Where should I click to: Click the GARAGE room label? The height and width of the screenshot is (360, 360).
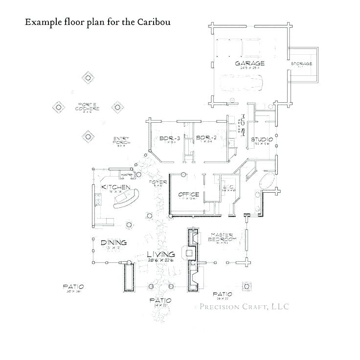pyautogui.click(x=249, y=64)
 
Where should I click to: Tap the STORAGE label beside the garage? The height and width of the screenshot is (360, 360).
pyautogui.click(x=301, y=64)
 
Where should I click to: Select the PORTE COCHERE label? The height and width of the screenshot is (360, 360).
pyautogui.click(x=89, y=107)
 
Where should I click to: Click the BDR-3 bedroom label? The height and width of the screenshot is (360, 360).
pyautogui.click(x=170, y=138)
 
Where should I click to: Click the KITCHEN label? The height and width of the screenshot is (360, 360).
pyautogui.click(x=115, y=187)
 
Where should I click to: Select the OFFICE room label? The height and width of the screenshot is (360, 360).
pyautogui.click(x=188, y=194)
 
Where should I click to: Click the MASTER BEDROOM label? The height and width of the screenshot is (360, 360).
pyautogui.click(x=223, y=237)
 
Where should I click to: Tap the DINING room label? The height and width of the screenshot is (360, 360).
pyautogui.click(x=113, y=243)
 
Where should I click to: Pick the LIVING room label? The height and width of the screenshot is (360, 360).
pyautogui.click(x=161, y=254)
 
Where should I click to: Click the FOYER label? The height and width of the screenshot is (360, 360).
pyautogui.click(x=158, y=182)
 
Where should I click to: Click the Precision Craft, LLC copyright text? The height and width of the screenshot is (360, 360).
pyautogui.click(x=242, y=307)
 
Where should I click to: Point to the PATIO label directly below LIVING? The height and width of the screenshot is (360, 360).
pyautogui.click(x=160, y=300)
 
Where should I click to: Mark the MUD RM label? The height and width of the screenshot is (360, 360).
pyautogui.click(x=241, y=125)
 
